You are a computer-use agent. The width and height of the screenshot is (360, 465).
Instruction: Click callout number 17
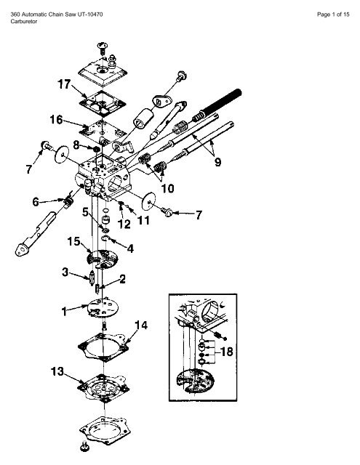(x=64, y=84)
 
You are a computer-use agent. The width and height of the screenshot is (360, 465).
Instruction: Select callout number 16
(x=56, y=119)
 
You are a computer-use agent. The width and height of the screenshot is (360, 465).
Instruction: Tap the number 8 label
(x=76, y=145)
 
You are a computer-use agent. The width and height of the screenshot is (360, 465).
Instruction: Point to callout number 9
(x=217, y=162)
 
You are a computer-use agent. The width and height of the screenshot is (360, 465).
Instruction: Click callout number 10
(x=167, y=188)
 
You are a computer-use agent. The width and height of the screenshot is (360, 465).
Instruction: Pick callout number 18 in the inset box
(x=226, y=352)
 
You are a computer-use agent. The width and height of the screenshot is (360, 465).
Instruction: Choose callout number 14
(x=141, y=325)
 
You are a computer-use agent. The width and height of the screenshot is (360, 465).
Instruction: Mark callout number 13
(x=57, y=371)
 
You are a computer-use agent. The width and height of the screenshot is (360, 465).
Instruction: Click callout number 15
(x=73, y=241)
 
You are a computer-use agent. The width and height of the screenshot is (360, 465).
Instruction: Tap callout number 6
(x=36, y=202)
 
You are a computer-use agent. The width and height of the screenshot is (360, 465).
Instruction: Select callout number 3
(x=65, y=272)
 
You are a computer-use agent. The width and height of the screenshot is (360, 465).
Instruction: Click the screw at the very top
(x=103, y=48)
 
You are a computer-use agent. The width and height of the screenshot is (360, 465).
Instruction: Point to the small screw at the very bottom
(x=84, y=445)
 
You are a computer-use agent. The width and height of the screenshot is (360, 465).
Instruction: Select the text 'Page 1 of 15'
(x=333, y=15)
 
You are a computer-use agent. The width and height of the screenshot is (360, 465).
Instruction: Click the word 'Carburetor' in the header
(x=24, y=21)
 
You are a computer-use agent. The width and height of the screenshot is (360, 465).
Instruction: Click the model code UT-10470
(x=90, y=15)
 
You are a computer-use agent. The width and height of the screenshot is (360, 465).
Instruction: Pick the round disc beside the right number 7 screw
(x=148, y=201)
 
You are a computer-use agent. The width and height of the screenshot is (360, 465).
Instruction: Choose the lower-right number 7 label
(x=199, y=214)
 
